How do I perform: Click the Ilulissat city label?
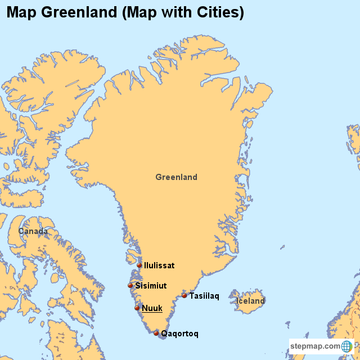coord(159,265)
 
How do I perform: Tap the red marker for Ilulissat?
coord(139,265)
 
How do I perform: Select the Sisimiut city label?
coord(151,286)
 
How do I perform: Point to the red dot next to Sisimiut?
coord(130,286)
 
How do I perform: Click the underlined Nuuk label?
coord(152,308)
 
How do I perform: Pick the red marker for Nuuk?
coord(137,308)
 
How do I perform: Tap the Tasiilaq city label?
coord(204,296)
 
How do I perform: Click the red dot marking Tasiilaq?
coord(184,295)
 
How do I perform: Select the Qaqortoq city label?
coord(179,334)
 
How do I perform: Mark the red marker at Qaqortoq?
coord(156,333)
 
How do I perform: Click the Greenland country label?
coord(176,177)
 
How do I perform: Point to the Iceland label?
coord(250,301)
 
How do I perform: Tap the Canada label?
coord(33,231)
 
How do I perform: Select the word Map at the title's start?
coord(20,13)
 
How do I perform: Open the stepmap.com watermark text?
coord(316,346)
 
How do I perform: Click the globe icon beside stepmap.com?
coord(346,346)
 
